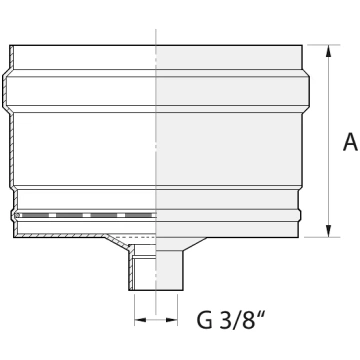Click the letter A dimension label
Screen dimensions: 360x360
(350, 142)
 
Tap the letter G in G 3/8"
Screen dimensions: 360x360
(204, 320)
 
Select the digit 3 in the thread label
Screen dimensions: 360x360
(225, 320)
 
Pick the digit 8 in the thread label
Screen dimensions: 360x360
(248, 320)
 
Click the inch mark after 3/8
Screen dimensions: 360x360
(262, 315)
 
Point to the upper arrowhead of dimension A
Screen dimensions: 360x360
(329, 52)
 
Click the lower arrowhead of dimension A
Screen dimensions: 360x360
(329, 231)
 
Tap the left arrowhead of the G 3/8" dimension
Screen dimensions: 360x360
(140, 320)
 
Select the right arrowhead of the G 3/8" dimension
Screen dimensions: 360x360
(171, 320)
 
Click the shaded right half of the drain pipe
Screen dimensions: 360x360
(169, 270)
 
